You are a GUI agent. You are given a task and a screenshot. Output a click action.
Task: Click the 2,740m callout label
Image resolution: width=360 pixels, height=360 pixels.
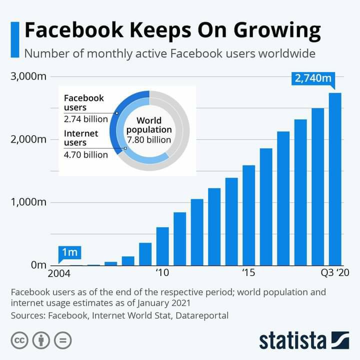pyautogui.click(x=313, y=78)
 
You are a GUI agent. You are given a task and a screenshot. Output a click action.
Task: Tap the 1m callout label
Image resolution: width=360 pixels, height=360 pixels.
pyautogui.click(x=69, y=252)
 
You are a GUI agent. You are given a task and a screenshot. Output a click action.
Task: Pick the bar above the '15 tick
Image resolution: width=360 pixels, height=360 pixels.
pyautogui.click(x=248, y=215)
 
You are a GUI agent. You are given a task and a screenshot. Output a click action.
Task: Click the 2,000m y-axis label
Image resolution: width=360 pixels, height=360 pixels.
pyautogui.click(x=28, y=139)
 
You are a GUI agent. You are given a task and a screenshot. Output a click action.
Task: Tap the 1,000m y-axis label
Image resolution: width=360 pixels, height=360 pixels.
pyautogui.click(x=28, y=202)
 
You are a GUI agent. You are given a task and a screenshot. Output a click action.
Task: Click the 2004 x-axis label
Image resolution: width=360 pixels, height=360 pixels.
pyautogui.click(x=59, y=273)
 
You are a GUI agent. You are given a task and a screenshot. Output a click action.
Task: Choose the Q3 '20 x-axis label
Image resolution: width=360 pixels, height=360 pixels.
pyautogui.click(x=334, y=273)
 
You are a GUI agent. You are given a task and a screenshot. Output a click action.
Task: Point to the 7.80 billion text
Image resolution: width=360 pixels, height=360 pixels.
pyautogui.click(x=149, y=139)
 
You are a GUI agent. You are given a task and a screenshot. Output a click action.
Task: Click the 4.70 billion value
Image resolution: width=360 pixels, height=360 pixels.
pyautogui.click(x=85, y=154)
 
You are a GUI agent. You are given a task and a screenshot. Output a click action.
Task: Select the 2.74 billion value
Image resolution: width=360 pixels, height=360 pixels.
pyautogui.click(x=85, y=119)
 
